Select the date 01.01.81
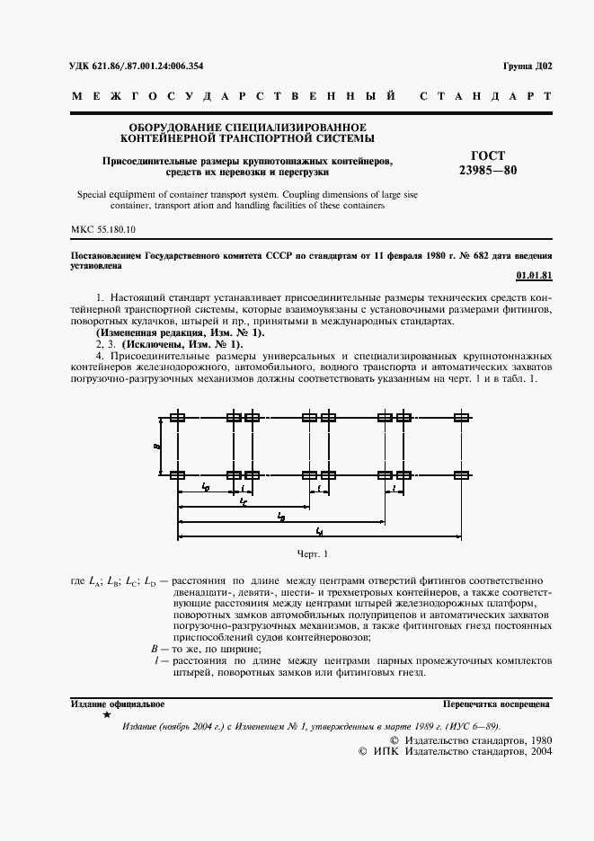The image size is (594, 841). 536,276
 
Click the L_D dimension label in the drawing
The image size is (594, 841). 206,487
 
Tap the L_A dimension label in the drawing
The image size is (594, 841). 320,532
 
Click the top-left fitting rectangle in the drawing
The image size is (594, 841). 178,417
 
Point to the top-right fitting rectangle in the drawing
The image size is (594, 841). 462,417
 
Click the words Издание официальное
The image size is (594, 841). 117,704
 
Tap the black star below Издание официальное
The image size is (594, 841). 107,716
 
